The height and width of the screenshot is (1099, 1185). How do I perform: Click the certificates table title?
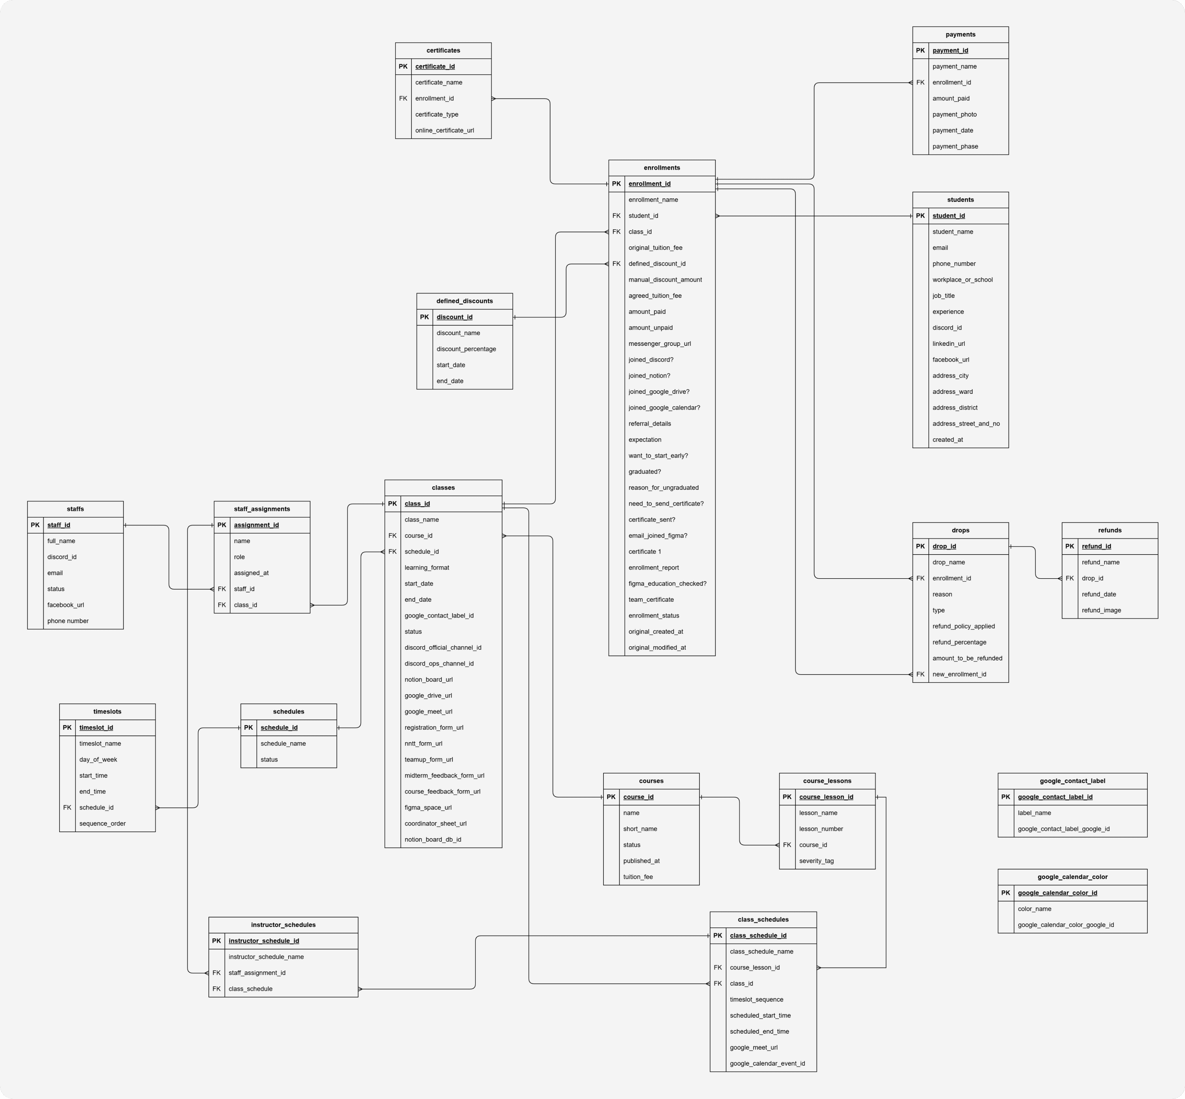pos(443,50)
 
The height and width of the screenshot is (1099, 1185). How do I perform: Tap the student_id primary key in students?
pos(948,216)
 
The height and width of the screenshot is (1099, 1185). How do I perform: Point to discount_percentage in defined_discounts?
pos(466,349)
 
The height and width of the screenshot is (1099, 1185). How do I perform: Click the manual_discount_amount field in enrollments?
pos(665,280)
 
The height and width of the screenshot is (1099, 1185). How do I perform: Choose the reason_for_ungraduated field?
pos(663,488)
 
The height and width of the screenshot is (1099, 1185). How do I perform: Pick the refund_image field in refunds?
pos(1101,610)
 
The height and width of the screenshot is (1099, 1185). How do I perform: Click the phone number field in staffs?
pos(68,621)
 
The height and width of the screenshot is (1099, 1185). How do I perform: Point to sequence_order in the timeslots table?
pos(102,824)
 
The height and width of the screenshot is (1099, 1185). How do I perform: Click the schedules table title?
pos(289,712)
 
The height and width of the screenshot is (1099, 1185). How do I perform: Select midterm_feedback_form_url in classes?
pos(444,775)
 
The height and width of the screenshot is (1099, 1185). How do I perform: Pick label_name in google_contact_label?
pos(1034,813)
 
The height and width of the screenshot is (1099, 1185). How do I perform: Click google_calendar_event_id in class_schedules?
pos(767,1063)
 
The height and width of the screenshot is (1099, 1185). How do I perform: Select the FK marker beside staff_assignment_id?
pos(216,973)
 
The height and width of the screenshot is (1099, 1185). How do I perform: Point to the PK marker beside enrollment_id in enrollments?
pos(616,184)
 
